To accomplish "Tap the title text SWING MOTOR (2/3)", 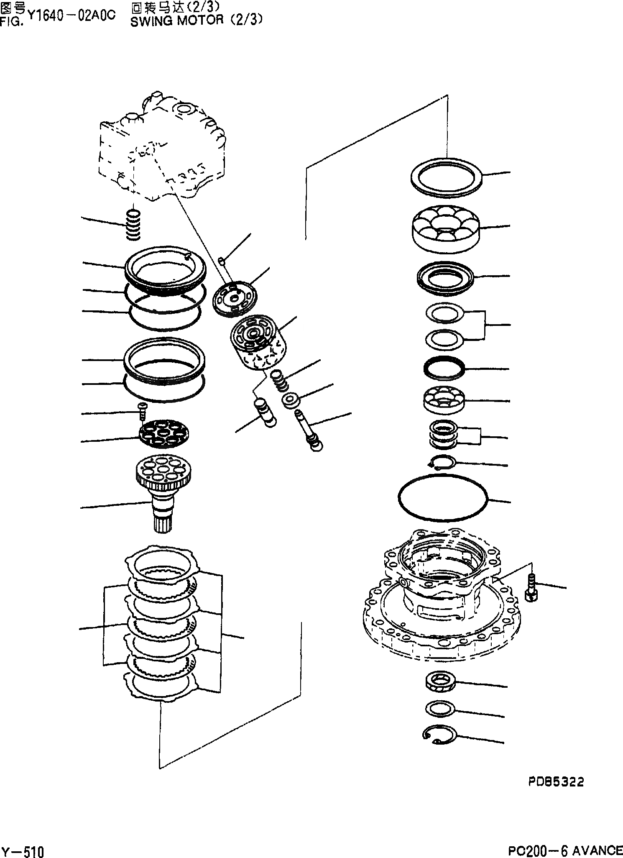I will [197, 21].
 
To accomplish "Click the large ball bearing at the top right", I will [446, 229].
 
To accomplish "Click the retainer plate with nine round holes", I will [164, 435].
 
